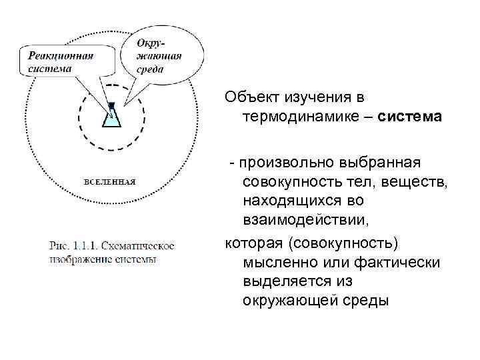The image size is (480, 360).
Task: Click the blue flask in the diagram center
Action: tap(111, 117)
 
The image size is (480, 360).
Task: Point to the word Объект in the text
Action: tap(247, 98)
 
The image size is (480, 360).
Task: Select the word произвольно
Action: tap(296, 163)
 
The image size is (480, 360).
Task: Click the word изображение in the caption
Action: tap(79, 259)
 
